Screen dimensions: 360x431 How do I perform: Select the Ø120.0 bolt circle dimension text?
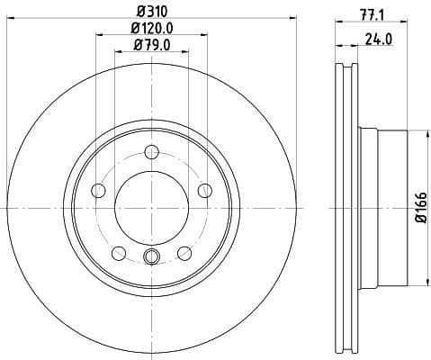point(151,29)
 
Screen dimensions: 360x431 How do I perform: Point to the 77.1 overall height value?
point(369,13)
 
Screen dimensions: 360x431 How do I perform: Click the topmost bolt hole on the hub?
point(151,150)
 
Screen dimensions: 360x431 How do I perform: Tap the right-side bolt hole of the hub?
point(205,190)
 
